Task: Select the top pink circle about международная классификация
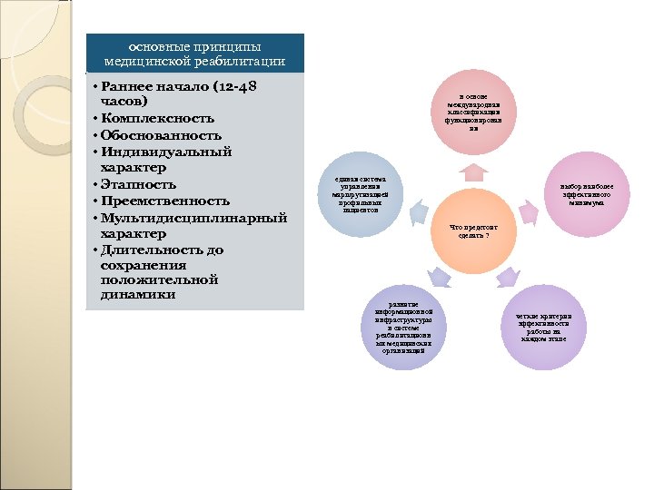472,113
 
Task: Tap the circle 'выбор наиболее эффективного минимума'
584,194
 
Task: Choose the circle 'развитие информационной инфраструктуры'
402,328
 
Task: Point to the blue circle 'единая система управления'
361,194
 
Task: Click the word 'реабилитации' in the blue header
240,61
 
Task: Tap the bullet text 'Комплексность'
159,118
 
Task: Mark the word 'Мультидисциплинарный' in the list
194,217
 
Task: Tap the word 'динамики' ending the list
139,295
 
